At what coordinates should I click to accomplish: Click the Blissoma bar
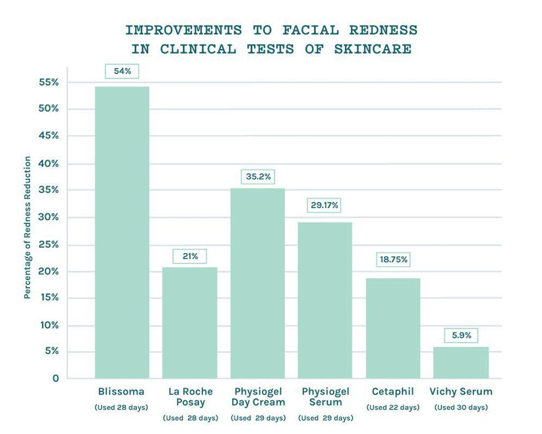[x=122, y=232]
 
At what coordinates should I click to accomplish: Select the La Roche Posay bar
[x=189, y=322]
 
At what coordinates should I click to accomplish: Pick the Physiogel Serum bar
[x=325, y=300]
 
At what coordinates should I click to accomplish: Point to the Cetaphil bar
[x=393, y=328]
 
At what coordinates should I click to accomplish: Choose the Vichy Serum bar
[x=460, y=362]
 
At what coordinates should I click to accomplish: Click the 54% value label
[x=122, y=71]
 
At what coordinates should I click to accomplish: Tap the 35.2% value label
[x=258, y=177]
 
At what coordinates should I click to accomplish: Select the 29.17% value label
[x=325, y=205]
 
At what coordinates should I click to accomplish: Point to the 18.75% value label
[x=394, y=259]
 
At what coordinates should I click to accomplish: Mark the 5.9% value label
[x=461, y=335]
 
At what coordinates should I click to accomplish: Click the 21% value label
[x=189, y=256]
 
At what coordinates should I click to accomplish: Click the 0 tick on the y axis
[x=55, y=378]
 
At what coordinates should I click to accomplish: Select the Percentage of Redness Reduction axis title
[x=27, y=227]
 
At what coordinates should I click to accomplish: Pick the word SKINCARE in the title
[x=373, y=49]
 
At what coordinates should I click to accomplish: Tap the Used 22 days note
[x=393, y=408]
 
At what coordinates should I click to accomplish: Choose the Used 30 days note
[x=461, y=408]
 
